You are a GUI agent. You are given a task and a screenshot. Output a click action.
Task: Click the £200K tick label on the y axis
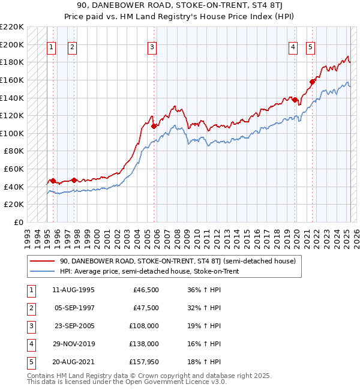pyautogui.click(x=12, y=44)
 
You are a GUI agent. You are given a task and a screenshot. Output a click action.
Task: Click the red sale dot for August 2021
pyautogui.click(x=312, y=82)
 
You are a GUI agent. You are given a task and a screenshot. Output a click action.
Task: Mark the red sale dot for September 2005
pyautogui.click(x=154, y=127)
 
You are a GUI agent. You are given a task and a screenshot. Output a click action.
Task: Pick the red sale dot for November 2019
pyautogui.click(x=295, y=100)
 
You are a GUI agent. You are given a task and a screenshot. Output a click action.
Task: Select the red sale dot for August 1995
pyautogui.click(x=53, y=181)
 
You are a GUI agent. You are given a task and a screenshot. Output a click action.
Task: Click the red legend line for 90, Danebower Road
pyautogui.click(x=41, y=262)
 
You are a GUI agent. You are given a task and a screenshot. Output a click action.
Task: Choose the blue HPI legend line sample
pyautogui.click(x=41, y=272)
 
